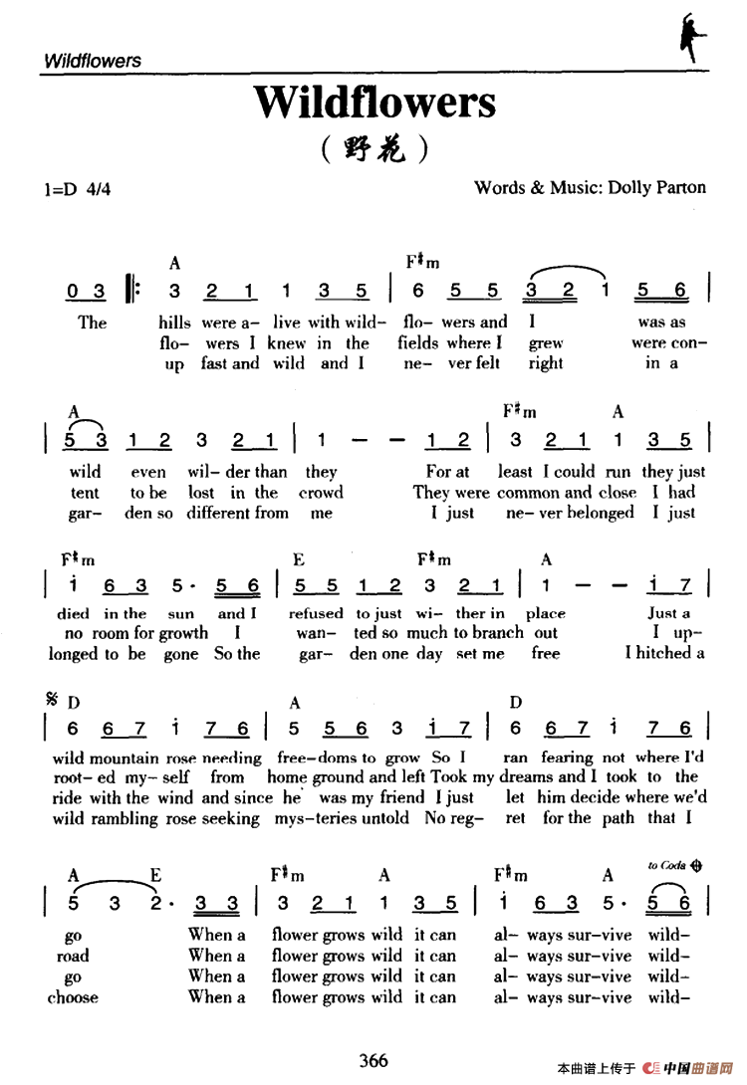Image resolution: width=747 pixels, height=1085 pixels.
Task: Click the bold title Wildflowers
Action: pyautogui.click(x=373, y=103)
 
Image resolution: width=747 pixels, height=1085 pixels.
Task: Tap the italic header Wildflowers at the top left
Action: pyautogui.click(x=93, y=61)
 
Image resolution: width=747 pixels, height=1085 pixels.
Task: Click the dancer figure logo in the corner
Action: pyautogui.click(x=689, y=37)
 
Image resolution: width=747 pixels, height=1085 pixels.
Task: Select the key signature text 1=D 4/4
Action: pyautogui.click(x=77, y=188)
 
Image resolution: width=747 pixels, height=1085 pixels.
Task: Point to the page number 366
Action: pyautogui.click(x=373, y=1060)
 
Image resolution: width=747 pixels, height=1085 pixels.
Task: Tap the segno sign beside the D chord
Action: pyautogui.click(x=51, y=702)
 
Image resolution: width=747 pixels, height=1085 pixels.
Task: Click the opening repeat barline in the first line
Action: pyautogui.click(x=133, y=291)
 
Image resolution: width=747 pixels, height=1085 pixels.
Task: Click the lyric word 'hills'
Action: pyautogui.click(x=176, y=323)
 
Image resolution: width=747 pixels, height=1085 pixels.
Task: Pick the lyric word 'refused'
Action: pyautogui.click(x=316, y=613)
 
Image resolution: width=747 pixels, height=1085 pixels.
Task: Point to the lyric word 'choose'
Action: pyautogui.click(x=73, y=997)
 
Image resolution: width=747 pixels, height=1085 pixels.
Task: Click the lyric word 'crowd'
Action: pyautogui.click(x=321, y=493)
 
